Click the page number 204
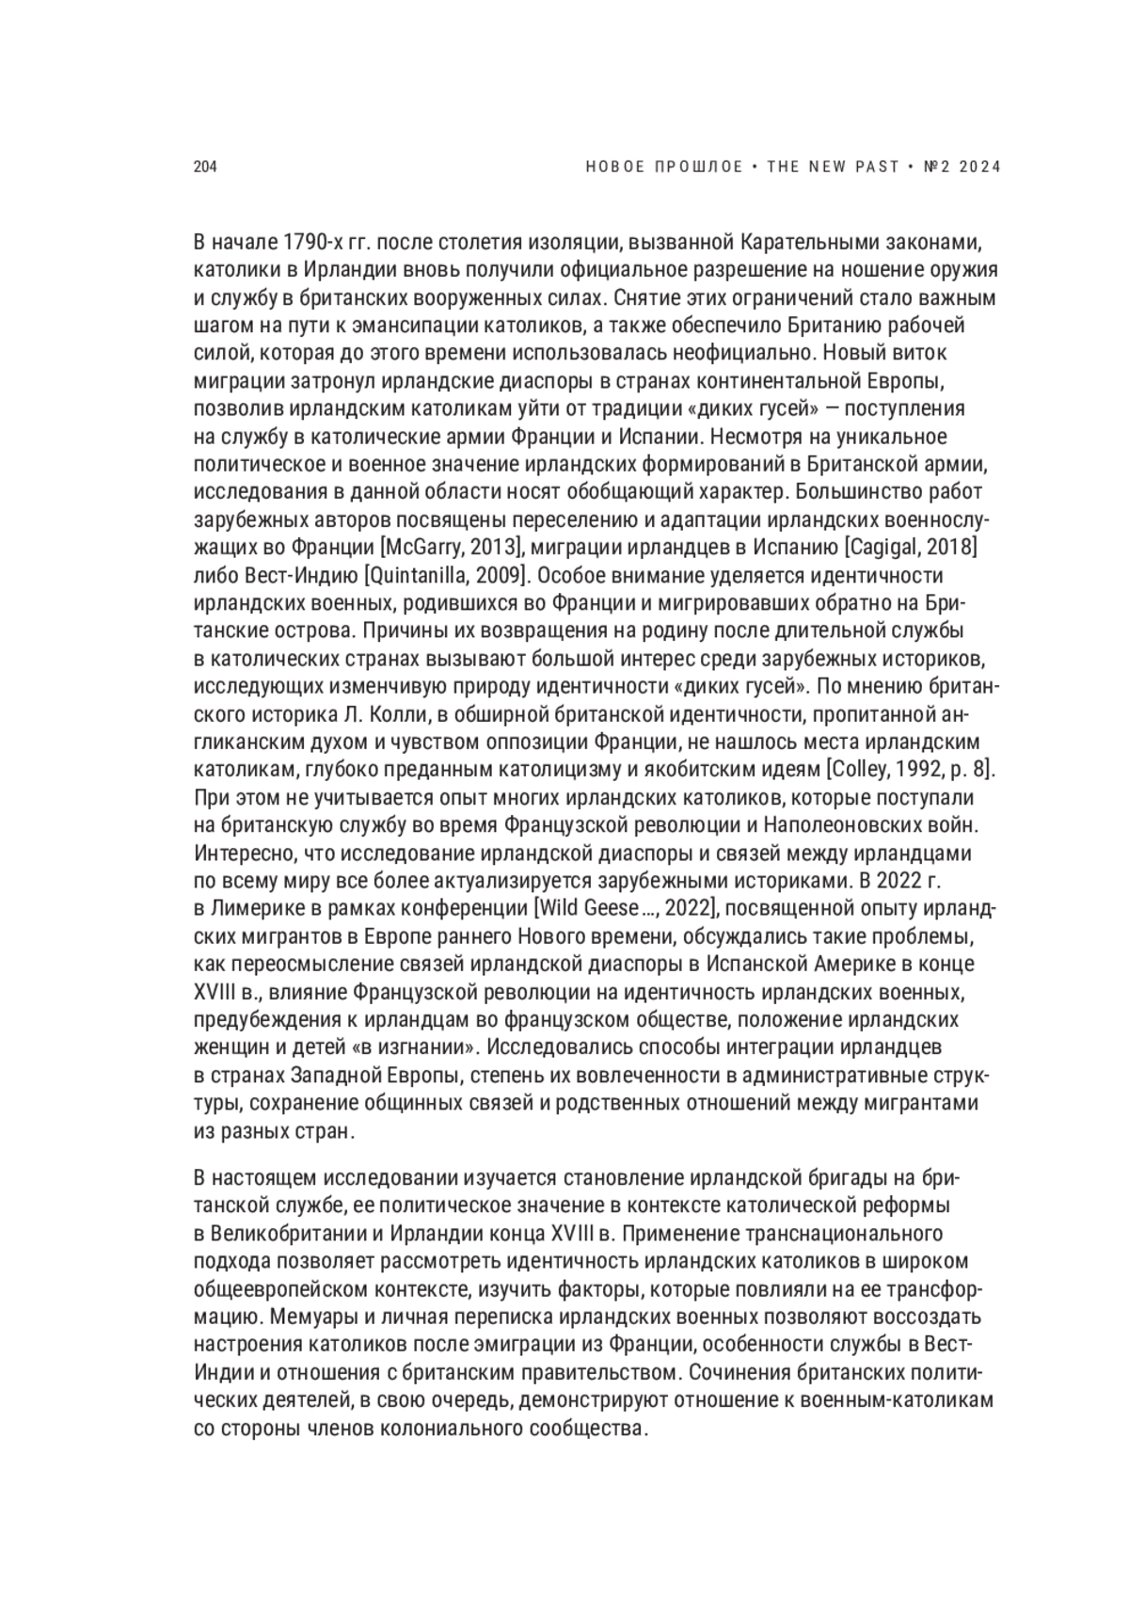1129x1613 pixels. pos(205,168)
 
